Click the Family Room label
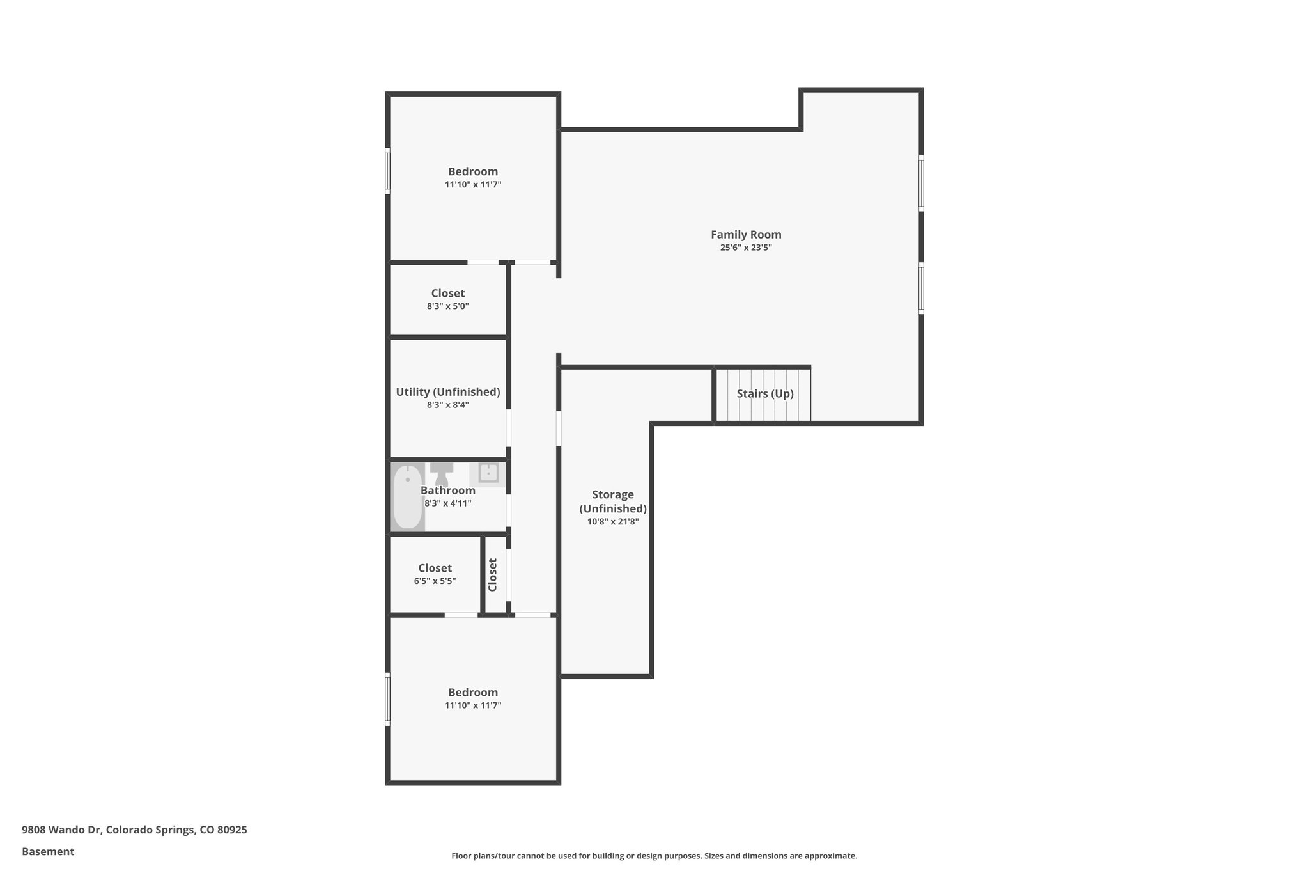[746, 235]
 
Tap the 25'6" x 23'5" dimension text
[746, 248]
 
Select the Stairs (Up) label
[765, 394]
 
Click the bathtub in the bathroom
[407, 497]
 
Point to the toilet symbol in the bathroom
[441, 474]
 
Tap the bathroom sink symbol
[488, 473]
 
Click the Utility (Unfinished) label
[447, 392]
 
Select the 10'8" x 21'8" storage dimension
[613, 522]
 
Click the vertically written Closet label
[493, 575]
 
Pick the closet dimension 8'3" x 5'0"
[447, 306]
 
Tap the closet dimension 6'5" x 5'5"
[435, 581]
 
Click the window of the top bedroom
[387, 171]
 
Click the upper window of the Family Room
[921, 183]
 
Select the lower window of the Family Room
[921, 288]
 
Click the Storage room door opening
[559, 428]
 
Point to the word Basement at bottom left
[48, 851]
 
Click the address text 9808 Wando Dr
[134, 830]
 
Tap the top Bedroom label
[472, 171]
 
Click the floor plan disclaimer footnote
[654, 856]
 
